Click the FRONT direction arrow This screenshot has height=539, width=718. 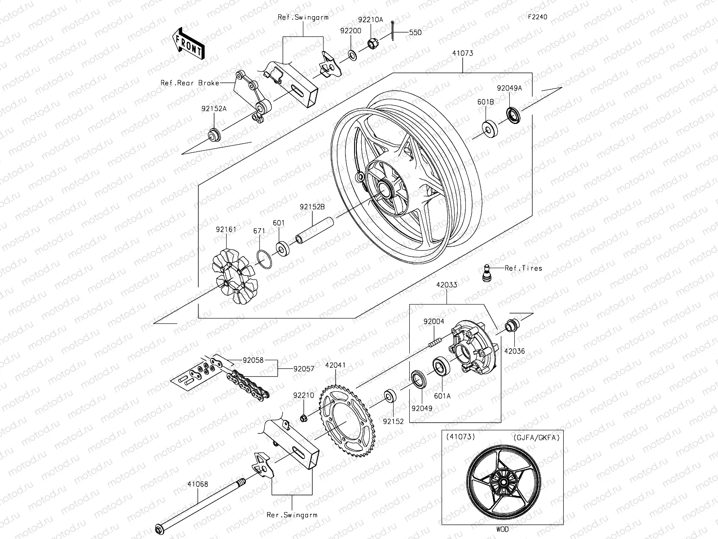[188, 43]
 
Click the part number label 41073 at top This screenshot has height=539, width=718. [463, 53]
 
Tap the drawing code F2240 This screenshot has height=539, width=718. [537, 17]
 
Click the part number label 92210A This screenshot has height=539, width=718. [371, 20]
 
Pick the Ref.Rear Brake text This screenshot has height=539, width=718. [190, 83]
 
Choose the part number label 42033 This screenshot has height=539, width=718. [446, 285]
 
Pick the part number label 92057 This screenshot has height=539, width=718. [304, 369]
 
